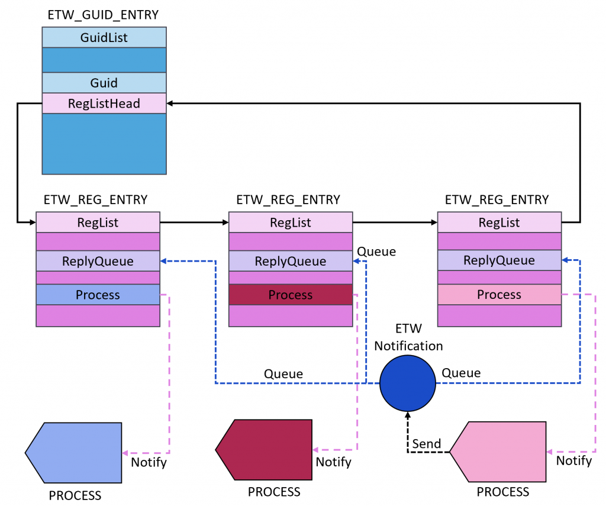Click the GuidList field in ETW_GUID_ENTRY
104,38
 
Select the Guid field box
104,83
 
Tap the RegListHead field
104,104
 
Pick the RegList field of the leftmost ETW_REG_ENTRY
98,223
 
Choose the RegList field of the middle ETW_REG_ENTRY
291,223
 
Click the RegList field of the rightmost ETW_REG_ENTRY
499,223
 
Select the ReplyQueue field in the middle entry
291,261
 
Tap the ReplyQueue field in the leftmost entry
98,261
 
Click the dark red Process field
291,295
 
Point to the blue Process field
98,295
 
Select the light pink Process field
499,295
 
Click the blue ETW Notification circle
407,383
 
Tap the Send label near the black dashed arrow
427,444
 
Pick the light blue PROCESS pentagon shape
75,452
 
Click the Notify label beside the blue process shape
149,462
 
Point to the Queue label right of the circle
462,373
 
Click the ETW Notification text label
408,337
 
